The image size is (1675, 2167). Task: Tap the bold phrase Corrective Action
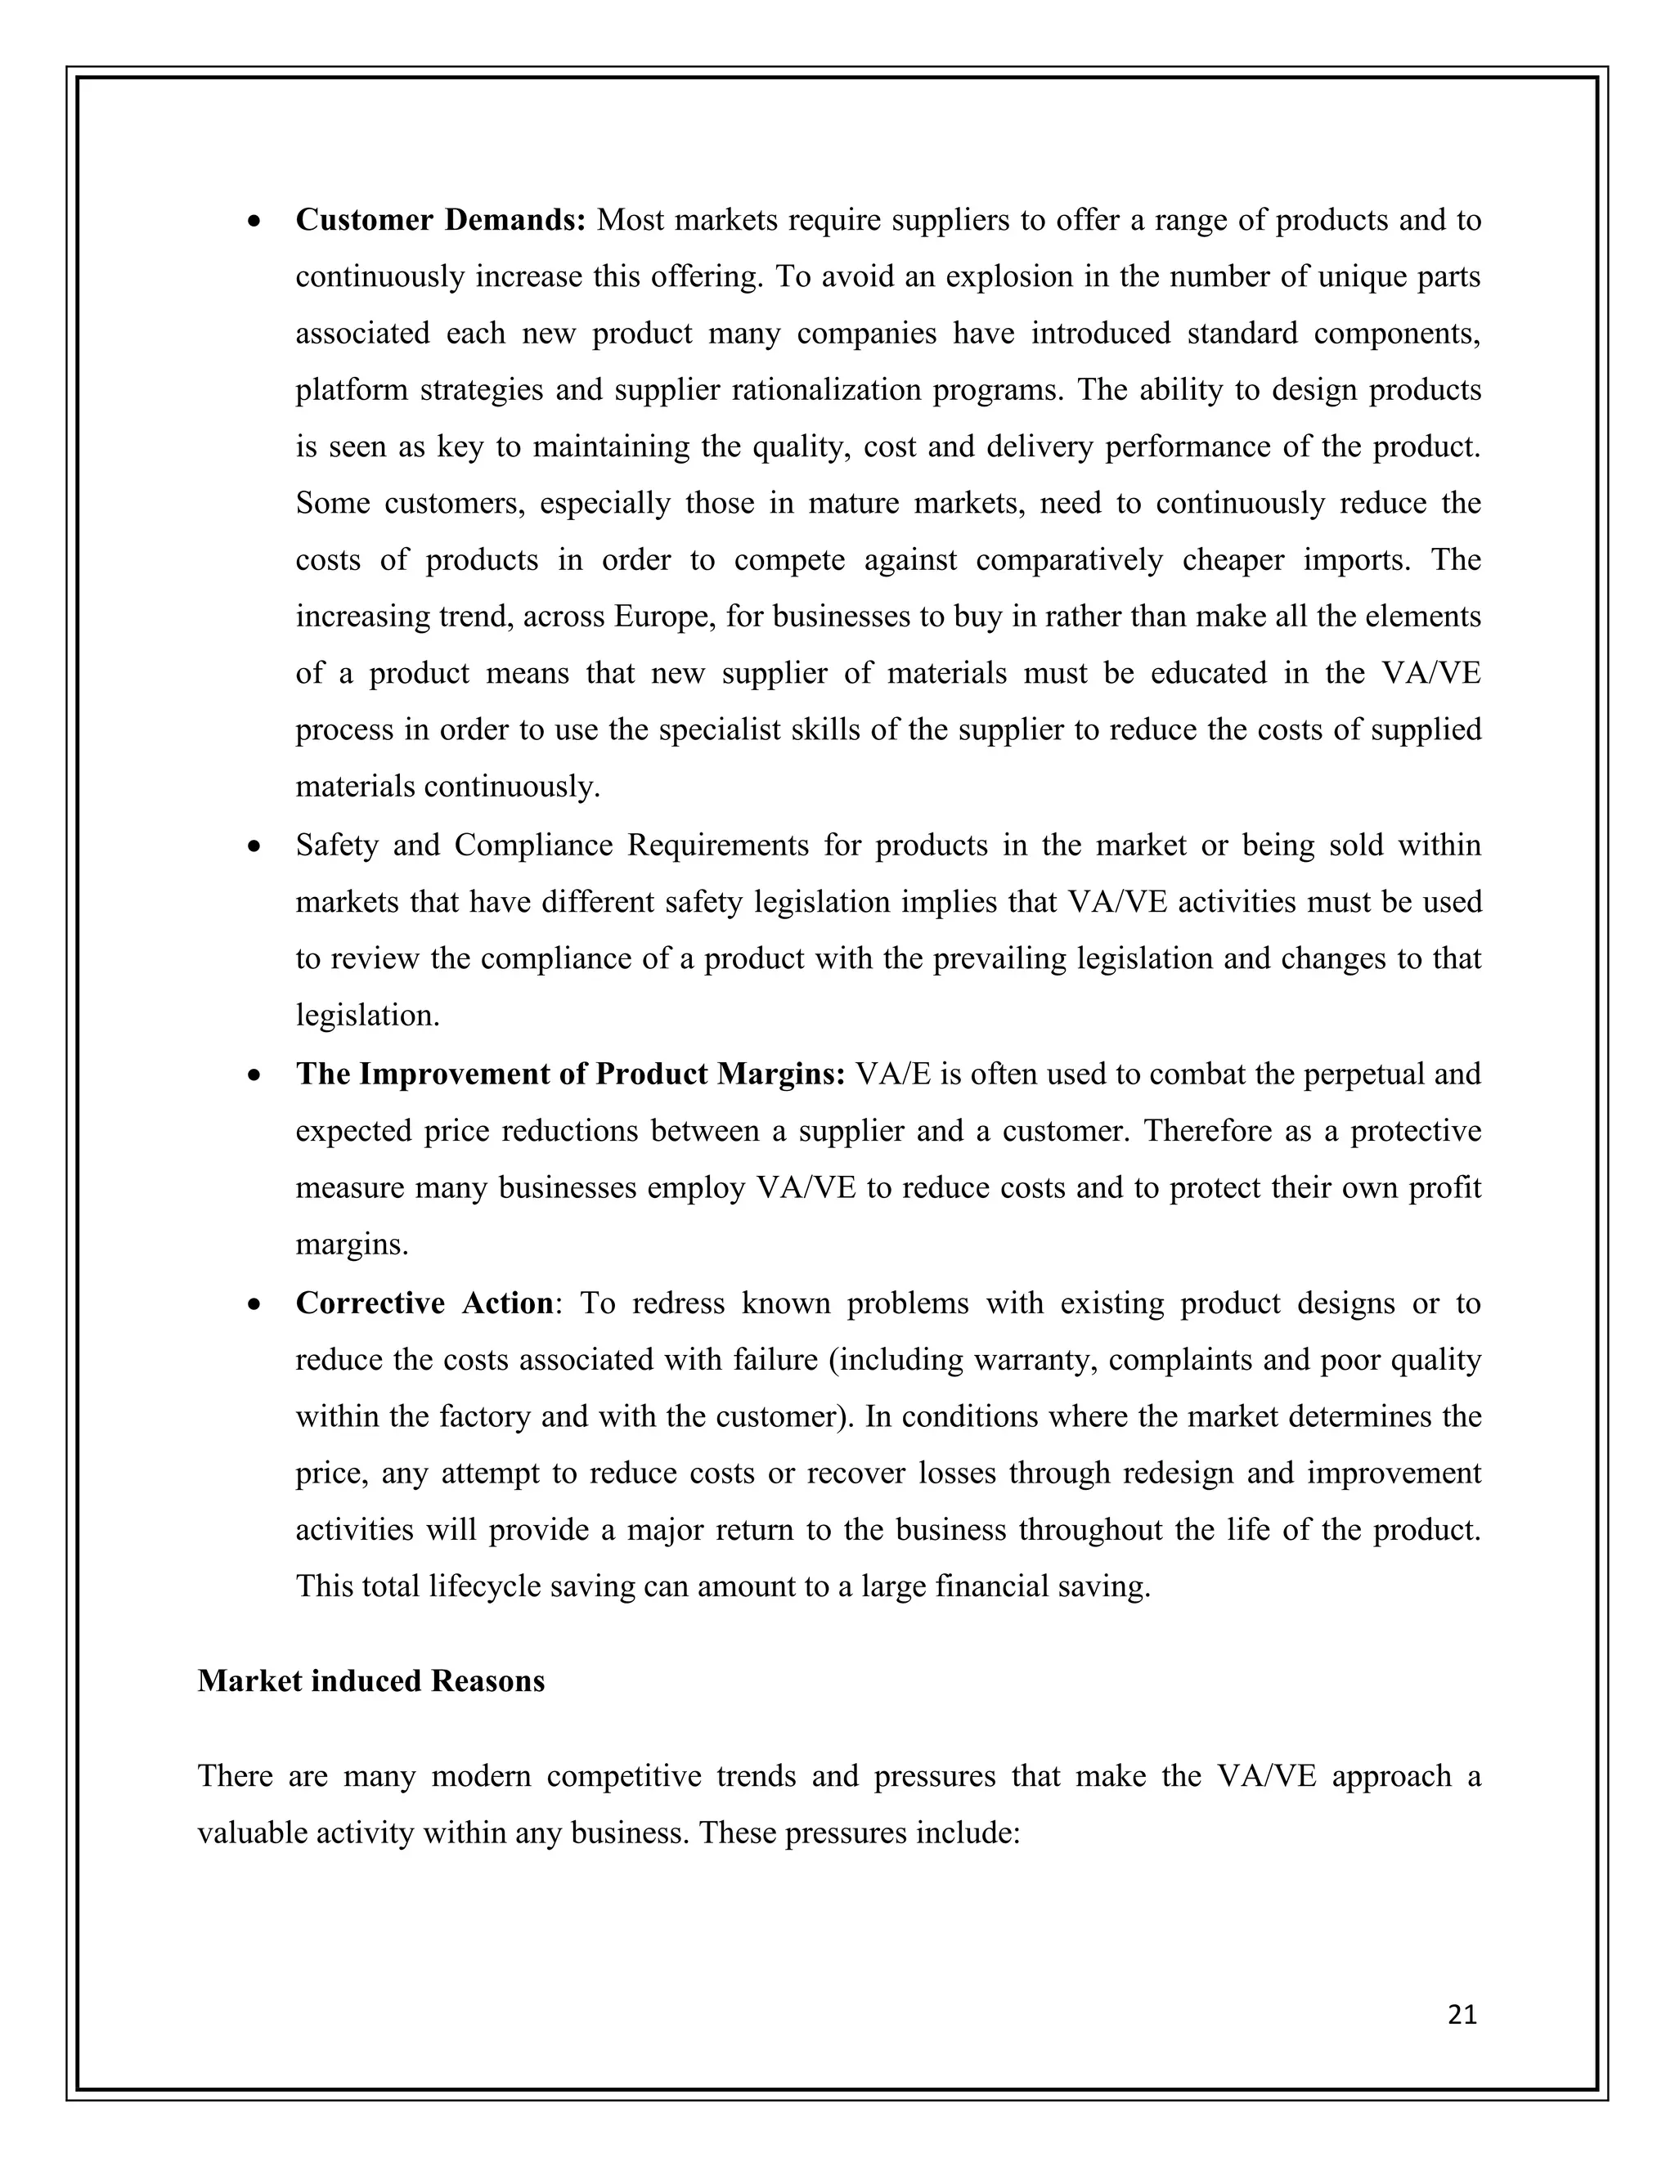(424, 1303)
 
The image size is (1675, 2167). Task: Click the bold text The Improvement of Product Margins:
(569, 1075)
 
